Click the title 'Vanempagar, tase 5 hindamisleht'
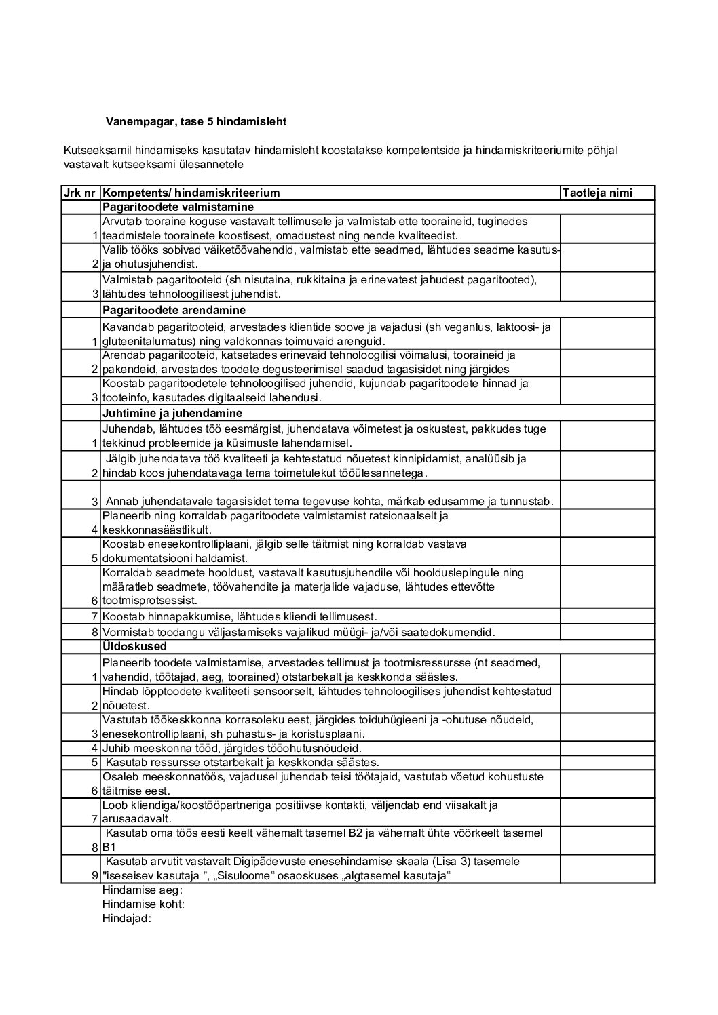pyautogui.click(x=196, y=122)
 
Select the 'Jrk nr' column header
pyautogui.click(x=80, y=193)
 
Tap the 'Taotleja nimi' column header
pyautogui.click(x=597, y=193)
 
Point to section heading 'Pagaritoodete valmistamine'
pyautogui.click(x=178, y=207)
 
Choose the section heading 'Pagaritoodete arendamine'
pyautogui.click(x=174, y=310)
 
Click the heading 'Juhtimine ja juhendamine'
pyautogui.click(x=172, y=413)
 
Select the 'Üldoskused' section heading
pyautogui.click(x=134, y=646)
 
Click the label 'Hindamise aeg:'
pyautogui.click(x=143, y=890)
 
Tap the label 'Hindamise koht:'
pyautogui.click(x=143, y=904)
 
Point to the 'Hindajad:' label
pyautogui.click(x=126, y=919)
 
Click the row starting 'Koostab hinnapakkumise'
pyautogui.click(x=239, y=617)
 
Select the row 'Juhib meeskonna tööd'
pyautogui.click(x=231, y=749)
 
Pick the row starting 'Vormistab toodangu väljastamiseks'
pyautogui.click(x=299, y=632)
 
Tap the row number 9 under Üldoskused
pyautogui.click(x=95, y=876)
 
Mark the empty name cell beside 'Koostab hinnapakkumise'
pyautogui.click(x=607, y=617)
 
